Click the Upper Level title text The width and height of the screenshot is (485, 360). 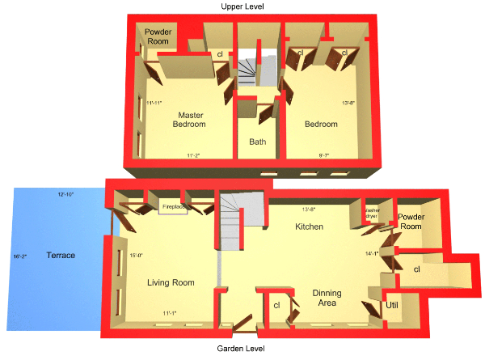[x=242, y=6]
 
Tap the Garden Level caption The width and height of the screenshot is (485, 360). [x=242, y=349]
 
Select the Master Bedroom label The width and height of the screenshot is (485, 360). [x=192, y=120]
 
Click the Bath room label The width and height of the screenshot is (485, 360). [x=257, y=142]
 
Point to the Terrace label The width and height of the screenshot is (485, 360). [x=61, y=256]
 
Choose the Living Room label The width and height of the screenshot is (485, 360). [x=171, y=282]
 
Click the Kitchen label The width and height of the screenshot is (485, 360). [x=309, y=227]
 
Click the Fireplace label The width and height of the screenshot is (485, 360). [x=175, y=207]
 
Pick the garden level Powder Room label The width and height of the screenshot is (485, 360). [x=411, y=222]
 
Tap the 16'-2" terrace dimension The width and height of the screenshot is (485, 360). [x=19, y=256]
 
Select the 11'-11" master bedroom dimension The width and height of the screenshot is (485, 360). [x=156, y=103]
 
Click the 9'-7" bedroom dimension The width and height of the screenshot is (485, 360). [x=325, y=155]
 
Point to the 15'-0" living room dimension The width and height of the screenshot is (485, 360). [x=137, y=256]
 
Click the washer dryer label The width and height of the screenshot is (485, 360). [x=373, y=214]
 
